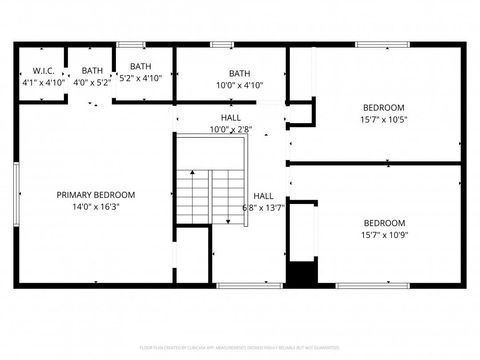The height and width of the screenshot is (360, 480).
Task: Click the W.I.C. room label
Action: click(42, 71)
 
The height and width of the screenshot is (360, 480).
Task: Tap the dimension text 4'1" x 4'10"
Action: click(42, 83)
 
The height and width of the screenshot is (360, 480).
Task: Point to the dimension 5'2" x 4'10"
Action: click(140, 77)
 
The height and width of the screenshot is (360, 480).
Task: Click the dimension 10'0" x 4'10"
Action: click(239, 86)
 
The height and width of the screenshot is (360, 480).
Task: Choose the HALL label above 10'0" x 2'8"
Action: click(231, 118)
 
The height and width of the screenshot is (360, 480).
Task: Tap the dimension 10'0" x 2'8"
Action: click(231, 130)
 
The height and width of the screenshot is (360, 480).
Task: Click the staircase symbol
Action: click(209, 196)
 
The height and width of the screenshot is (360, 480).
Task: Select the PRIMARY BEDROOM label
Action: click(95, 195)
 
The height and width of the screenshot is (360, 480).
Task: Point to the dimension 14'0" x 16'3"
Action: click(95, 207)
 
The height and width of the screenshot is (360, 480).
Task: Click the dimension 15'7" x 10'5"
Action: click(384, 120)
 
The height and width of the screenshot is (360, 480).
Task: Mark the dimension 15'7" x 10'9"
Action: click(384, 235)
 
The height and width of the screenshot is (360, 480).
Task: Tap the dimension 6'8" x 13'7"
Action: click(264, 208)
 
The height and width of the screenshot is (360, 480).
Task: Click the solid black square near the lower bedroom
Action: click(301, 273)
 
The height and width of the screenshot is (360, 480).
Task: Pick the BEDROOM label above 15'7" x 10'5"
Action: click(384, 108)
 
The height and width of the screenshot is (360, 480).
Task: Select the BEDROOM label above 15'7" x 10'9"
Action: click(384, 223)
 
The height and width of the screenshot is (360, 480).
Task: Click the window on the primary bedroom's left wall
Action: click(17, 194)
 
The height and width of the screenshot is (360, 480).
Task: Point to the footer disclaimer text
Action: click(239, 347)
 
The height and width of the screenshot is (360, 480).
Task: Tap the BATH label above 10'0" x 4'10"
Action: click(239, 73)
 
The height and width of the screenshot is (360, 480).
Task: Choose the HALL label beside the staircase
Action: click(263, 196)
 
